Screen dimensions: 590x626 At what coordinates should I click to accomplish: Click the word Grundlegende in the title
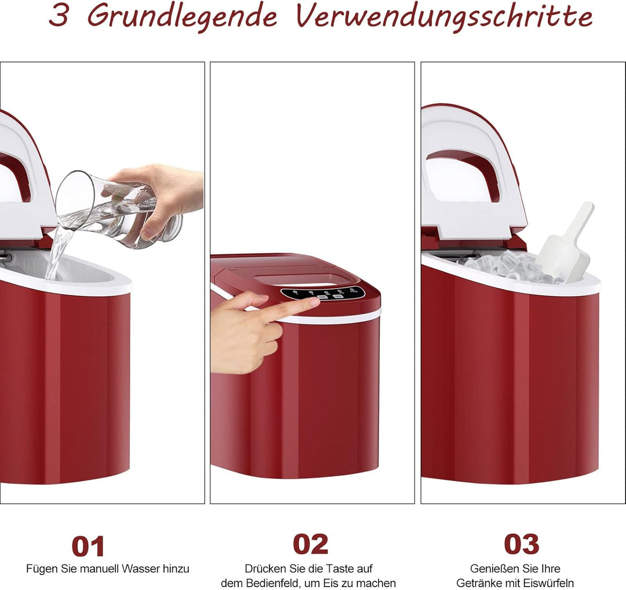point(182,16)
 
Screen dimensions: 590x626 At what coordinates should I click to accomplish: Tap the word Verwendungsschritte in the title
point(445,16)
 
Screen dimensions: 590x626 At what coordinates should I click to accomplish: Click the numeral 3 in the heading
point(59,16)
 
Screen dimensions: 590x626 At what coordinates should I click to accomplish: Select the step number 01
point(88,546)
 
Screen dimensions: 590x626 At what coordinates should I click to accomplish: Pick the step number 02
point(311,544)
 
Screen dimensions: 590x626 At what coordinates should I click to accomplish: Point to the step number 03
point(521,544)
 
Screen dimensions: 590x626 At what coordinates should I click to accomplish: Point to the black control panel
point(323,293)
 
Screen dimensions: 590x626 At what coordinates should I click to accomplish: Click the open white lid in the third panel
point(472,174)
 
